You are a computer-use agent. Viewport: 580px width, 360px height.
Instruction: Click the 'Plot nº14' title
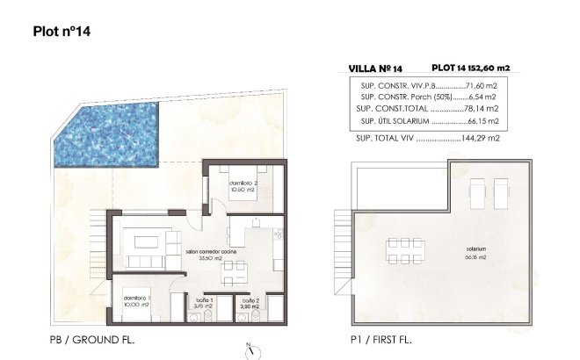tap(61, 32)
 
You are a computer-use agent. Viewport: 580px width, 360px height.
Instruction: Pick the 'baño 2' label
tap(250, 303)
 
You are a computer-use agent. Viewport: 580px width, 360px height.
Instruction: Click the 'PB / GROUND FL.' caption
tap(92, 339)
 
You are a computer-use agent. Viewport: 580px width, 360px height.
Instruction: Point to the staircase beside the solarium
tap(337, 255)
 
